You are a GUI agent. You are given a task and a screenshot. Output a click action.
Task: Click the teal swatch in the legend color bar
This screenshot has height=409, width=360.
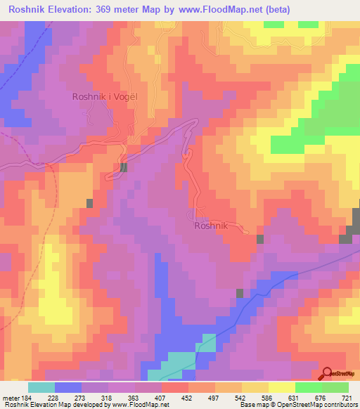pos(41,387)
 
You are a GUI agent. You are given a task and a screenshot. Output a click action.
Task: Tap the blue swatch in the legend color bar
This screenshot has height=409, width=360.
pos(68,387)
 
